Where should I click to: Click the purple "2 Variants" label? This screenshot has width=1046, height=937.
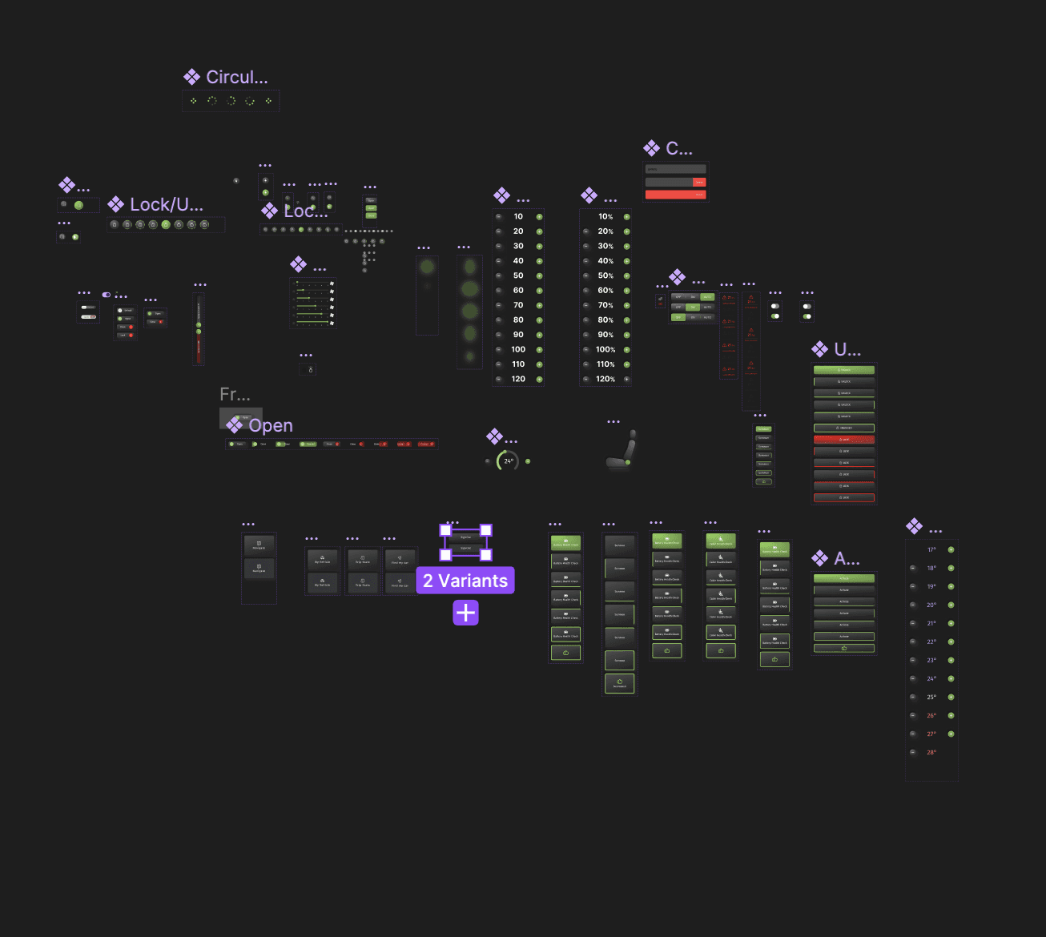pyautogui.click(x=465, y=581)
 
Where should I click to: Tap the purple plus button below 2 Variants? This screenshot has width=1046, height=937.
pyautogui.click(x=465, y=613)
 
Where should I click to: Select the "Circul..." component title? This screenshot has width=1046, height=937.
pyautogui.click(x=236, y=78)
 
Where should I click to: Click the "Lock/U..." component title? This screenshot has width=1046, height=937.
pyautogui.click(x=166, y=205)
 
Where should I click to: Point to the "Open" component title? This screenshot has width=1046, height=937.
pyautogui.click(x=270, y=426)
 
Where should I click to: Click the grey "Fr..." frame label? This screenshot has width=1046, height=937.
pyautogui.click(x=235, y=394)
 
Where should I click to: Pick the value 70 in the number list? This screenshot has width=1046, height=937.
pyautogui.click(x=518, y=305)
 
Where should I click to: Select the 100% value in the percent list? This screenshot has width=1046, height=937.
pyautogui.click(x=605, y=350)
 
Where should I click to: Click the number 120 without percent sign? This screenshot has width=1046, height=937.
pyautogui.click(x=518, y=379)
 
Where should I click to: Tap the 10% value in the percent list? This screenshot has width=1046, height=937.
pyautogui.click(x=605, y=217)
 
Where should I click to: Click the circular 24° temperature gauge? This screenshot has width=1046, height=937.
pyautogui.click(x=508, y=461)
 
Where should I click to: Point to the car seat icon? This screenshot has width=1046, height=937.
pyautogui.click(x=622, y=451)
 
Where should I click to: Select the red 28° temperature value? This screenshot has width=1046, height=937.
pyautogui.click(x=931, y=753)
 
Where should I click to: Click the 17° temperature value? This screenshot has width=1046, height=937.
pyautogui.click(x=931, y=550)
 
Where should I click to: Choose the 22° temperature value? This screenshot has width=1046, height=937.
pyautogui.click(x=931, y=642)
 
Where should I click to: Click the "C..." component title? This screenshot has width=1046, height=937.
pyautogui.click(x=678, y=149)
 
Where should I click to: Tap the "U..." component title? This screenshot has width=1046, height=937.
pyautogui.click(x=847, y=350)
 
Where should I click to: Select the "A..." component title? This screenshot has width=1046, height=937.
pyautogui.click(x=847, y=559)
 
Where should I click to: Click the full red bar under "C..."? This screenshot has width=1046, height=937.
pyautogui.click(x=675, y=195)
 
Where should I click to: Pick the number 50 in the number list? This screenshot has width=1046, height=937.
pyautogui.click(x=518, y=275)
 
